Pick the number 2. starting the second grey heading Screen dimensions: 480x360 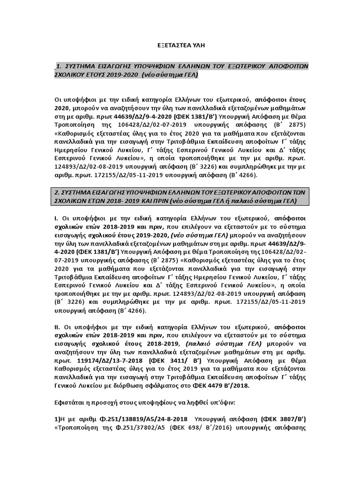pos(58,192)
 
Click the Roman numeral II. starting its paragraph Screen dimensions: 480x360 pos(57,326)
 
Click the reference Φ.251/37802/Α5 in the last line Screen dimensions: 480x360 pos(141,427)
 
